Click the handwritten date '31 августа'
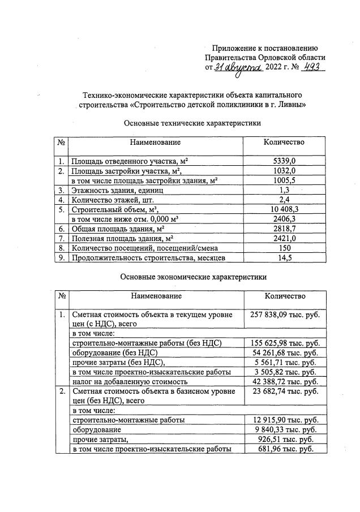pos(238,68)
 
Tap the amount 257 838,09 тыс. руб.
pos(285,315)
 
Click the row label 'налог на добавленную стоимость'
pos(132,382)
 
